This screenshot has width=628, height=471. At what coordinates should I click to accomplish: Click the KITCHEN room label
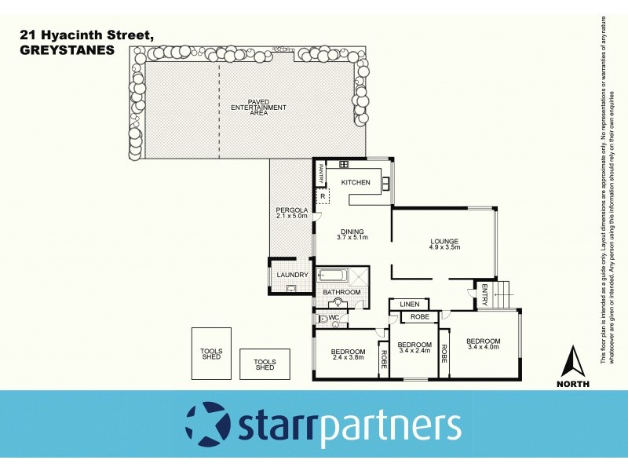[355, 182]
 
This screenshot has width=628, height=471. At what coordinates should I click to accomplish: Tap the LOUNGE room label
[444, 241]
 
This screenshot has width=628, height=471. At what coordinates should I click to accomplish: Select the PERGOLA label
[291, 210]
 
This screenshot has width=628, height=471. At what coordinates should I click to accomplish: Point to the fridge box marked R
[322, 196]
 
